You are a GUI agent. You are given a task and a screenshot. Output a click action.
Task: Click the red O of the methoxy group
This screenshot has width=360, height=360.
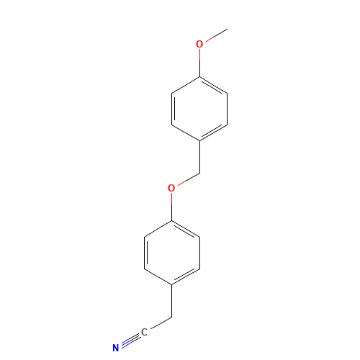pyautogui.click(x=199, y=44)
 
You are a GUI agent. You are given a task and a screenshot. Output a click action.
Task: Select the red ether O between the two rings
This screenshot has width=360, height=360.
pyautogui.click(x=171, y=188)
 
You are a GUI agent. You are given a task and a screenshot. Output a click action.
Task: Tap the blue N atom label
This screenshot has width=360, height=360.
pyautogui.click(x=116, y=348)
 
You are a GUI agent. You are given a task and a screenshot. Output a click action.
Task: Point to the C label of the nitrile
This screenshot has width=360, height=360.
pyautogui.click(x=144, y=333)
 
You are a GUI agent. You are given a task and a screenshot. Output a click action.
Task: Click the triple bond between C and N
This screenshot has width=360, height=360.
pyautogui.click(x=130, y=340)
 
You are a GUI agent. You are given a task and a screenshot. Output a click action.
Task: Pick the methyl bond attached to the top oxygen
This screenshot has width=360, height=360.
pyautogui.click(x=217, y=35)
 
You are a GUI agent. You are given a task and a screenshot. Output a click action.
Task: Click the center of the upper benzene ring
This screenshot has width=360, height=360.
pyautogui.click(x=199, y=109)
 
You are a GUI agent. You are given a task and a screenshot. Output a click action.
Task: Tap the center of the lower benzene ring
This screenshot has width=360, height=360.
pyautogui.click(x=172, y=253)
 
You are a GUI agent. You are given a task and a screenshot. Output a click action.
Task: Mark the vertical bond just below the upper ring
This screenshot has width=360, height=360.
pyautogui.click(x=199, y=157)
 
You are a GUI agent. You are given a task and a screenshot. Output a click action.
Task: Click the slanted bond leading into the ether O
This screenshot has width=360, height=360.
pyautogui.click(x=189, y=179)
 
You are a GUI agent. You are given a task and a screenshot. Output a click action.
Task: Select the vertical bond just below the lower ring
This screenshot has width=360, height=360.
pyautogui.click(x=172, y=301)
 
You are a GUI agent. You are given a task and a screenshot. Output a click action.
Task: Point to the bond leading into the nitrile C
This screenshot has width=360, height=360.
pyautogui.click(x=161, y=323)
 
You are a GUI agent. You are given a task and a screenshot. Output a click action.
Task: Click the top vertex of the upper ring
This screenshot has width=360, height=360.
pyautogui.click(x=199, y=77)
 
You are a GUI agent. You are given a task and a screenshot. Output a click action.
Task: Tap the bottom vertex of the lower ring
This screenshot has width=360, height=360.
pyautogui.click(x=172, y=285)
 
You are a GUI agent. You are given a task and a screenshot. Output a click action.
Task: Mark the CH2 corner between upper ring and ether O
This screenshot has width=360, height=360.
pyautogui.click(x=199, y=173)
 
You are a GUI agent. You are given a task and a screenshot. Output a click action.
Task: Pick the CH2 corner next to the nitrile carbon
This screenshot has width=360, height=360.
pyautogui.click(x=172, y=317)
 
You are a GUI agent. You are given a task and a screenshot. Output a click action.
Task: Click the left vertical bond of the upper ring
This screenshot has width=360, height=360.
pyautogui.click(x=172, y=109)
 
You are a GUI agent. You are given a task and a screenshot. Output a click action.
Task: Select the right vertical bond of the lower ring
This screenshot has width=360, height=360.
pyautogui.click(x=199, y=253)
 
